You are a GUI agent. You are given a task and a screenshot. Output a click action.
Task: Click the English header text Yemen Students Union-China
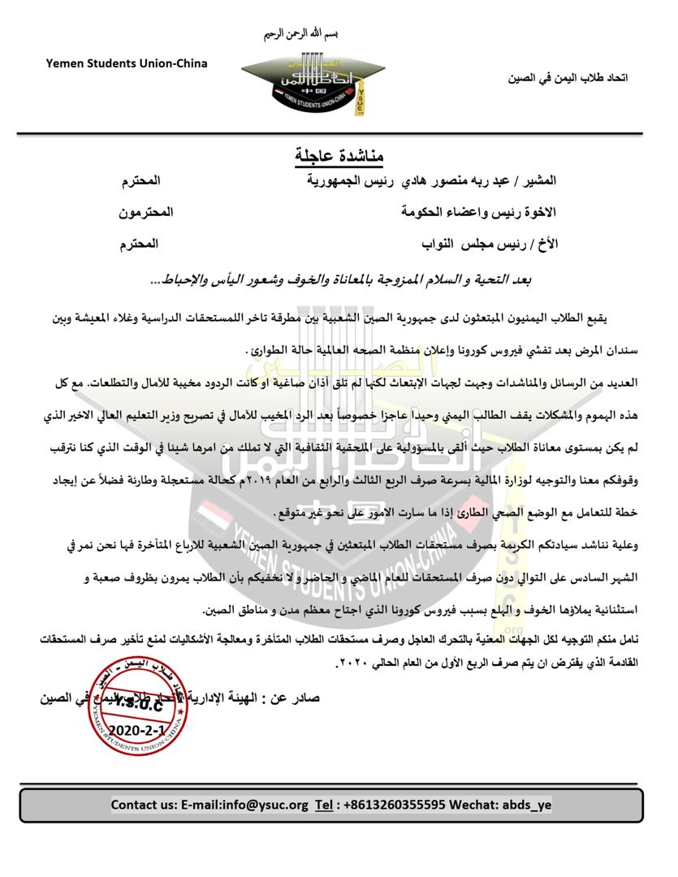point(126,63)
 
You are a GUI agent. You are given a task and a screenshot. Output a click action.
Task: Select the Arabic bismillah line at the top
point(300,35)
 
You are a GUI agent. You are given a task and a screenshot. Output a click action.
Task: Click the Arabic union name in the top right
point(568,78)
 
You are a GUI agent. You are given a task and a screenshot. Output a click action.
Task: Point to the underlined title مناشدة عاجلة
point(339,153)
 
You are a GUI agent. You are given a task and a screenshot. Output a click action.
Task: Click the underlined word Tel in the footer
point(324,806)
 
